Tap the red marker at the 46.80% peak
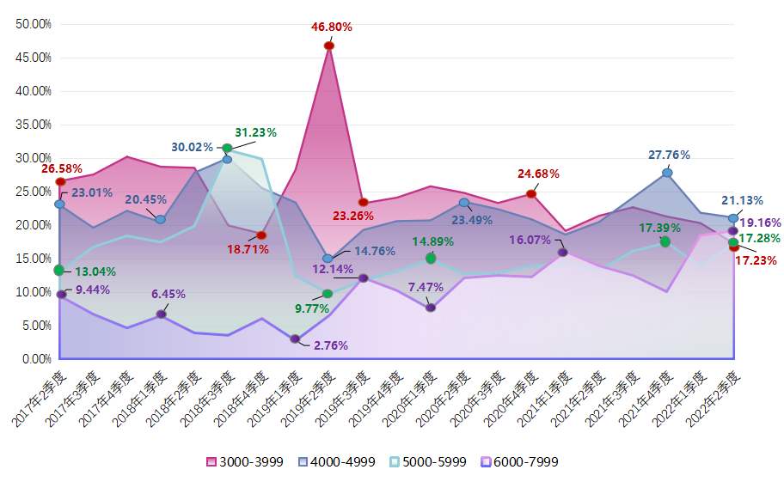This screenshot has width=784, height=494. (328, 46)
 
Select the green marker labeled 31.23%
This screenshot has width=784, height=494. (227, 149)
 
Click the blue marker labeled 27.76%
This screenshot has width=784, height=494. (667, 173)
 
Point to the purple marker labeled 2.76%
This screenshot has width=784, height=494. (295, 339)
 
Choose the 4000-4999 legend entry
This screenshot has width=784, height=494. (337, 462)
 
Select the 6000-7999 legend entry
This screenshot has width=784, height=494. (520, 462)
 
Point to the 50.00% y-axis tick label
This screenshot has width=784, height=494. (34, 23)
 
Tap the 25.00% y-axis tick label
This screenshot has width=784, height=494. (34, 192)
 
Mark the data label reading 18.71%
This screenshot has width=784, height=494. (248, 249)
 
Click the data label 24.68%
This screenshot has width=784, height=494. (539, 174)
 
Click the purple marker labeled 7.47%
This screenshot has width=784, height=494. (431, 307)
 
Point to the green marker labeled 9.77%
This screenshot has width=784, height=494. (328, 294)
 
